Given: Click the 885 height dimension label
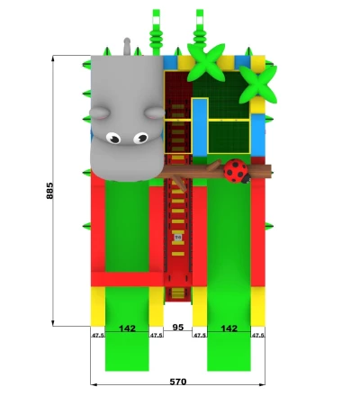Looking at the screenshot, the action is click(x=49, y=191).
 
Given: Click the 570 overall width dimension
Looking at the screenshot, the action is click(x=178, y=382).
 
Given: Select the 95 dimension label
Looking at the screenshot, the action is click(x=178, y=327).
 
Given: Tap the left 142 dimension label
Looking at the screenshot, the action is click(x=127, y=328).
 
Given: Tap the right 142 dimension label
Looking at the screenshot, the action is click(x=229, y=328).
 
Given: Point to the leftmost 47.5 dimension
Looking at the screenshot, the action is click(x=98, y=336).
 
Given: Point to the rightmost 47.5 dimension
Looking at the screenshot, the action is click(x=258, y=336).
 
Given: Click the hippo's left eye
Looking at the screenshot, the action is click(x=113, y=138).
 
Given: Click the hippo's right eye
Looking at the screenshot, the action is click(x=140, y=138).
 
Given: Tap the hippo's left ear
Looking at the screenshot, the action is click(x=100, y=113).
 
